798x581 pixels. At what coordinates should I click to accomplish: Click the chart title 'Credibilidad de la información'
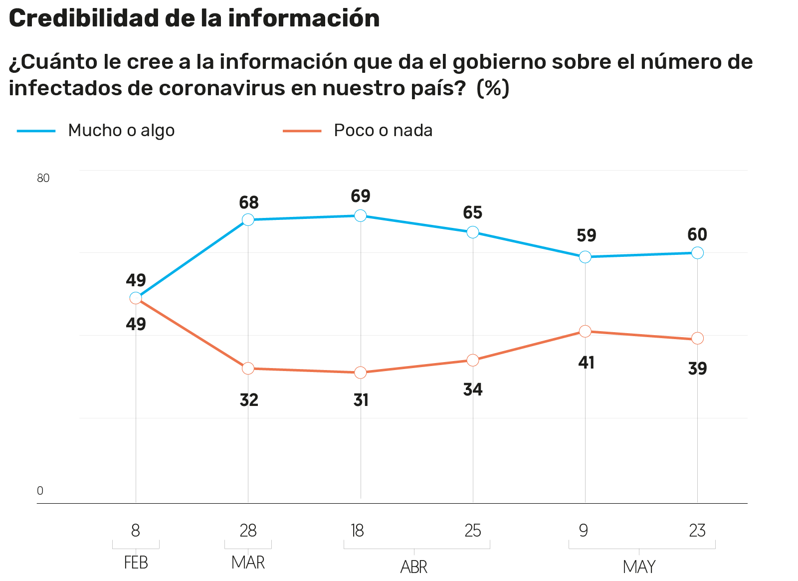coord(194,18)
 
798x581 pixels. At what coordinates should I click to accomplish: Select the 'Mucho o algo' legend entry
coord(121,130)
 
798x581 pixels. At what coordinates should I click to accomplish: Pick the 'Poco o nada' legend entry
coord(383,130)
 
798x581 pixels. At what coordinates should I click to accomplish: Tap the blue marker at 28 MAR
coord(248,219)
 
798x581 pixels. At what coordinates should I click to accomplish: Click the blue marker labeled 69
coord(360,215)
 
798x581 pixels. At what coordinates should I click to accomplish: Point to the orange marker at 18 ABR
coord(360,373)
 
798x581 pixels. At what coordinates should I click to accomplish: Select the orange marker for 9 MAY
coord(585,331)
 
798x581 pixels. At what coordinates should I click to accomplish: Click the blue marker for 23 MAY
coord(697,252)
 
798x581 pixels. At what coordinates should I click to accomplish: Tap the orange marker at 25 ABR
coord(473,360)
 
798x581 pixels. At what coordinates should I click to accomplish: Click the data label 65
coord(473,213)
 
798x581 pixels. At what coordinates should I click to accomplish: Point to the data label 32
coord(249,400)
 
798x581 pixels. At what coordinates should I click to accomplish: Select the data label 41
coord(586,363)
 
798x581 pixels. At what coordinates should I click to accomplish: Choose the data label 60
coord(697,234)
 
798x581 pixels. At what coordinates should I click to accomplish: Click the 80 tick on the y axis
coord(43,178)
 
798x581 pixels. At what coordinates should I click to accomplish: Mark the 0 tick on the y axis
coord(40,491)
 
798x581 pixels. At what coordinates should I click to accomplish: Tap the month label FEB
coord(136,563)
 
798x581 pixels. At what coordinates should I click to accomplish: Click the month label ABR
coord(414,567)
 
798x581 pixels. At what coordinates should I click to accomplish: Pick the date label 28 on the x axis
coord(248,531)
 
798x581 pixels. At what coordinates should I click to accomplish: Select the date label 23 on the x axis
coord(697,531)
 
